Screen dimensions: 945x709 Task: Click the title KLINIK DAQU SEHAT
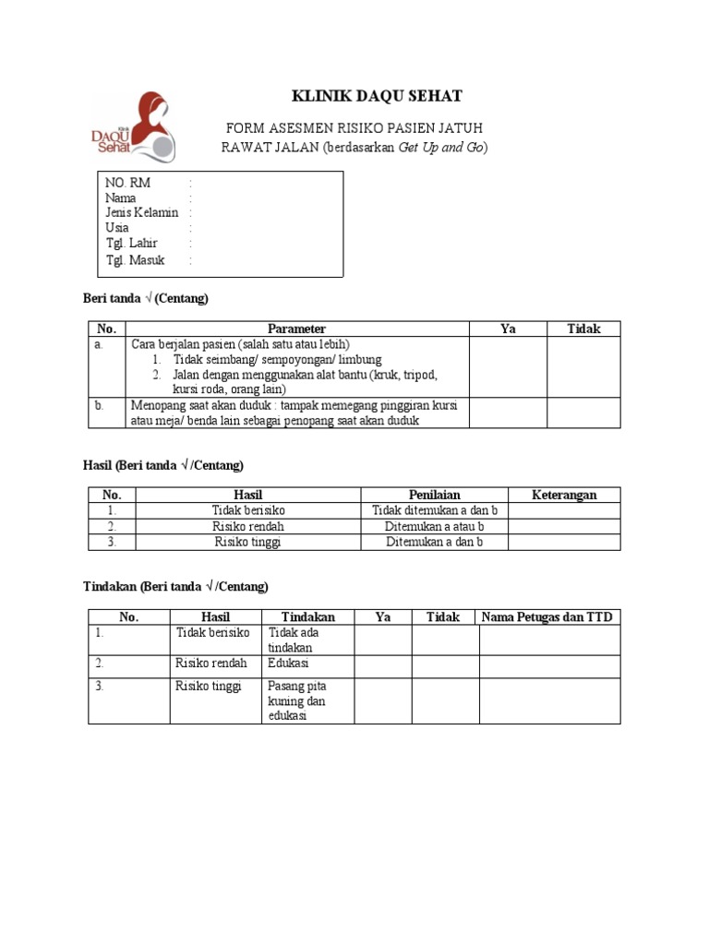(365, 96)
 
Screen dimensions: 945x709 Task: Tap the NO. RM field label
(127, 183)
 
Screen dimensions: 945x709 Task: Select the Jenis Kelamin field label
(141, 212)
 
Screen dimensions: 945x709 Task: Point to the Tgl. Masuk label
(135, 260)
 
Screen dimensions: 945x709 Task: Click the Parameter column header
(296, 329)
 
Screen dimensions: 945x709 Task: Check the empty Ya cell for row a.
(508, 366)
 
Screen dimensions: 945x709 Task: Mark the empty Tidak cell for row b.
(583, 413)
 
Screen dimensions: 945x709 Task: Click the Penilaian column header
(434, 495)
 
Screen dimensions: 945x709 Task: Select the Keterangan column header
(564, 495)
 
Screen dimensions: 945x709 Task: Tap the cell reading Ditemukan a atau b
(434, 526)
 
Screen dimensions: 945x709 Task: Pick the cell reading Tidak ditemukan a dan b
(434, 510)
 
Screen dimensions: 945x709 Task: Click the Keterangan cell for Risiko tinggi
(564, 542)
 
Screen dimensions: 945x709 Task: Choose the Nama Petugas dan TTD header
(549, 616)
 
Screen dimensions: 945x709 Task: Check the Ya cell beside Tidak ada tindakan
(382, 640)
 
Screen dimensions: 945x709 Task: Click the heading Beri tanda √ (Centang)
(146, 298)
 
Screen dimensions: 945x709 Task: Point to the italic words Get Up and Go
(440, 148)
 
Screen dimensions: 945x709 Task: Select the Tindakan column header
(307, 616)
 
